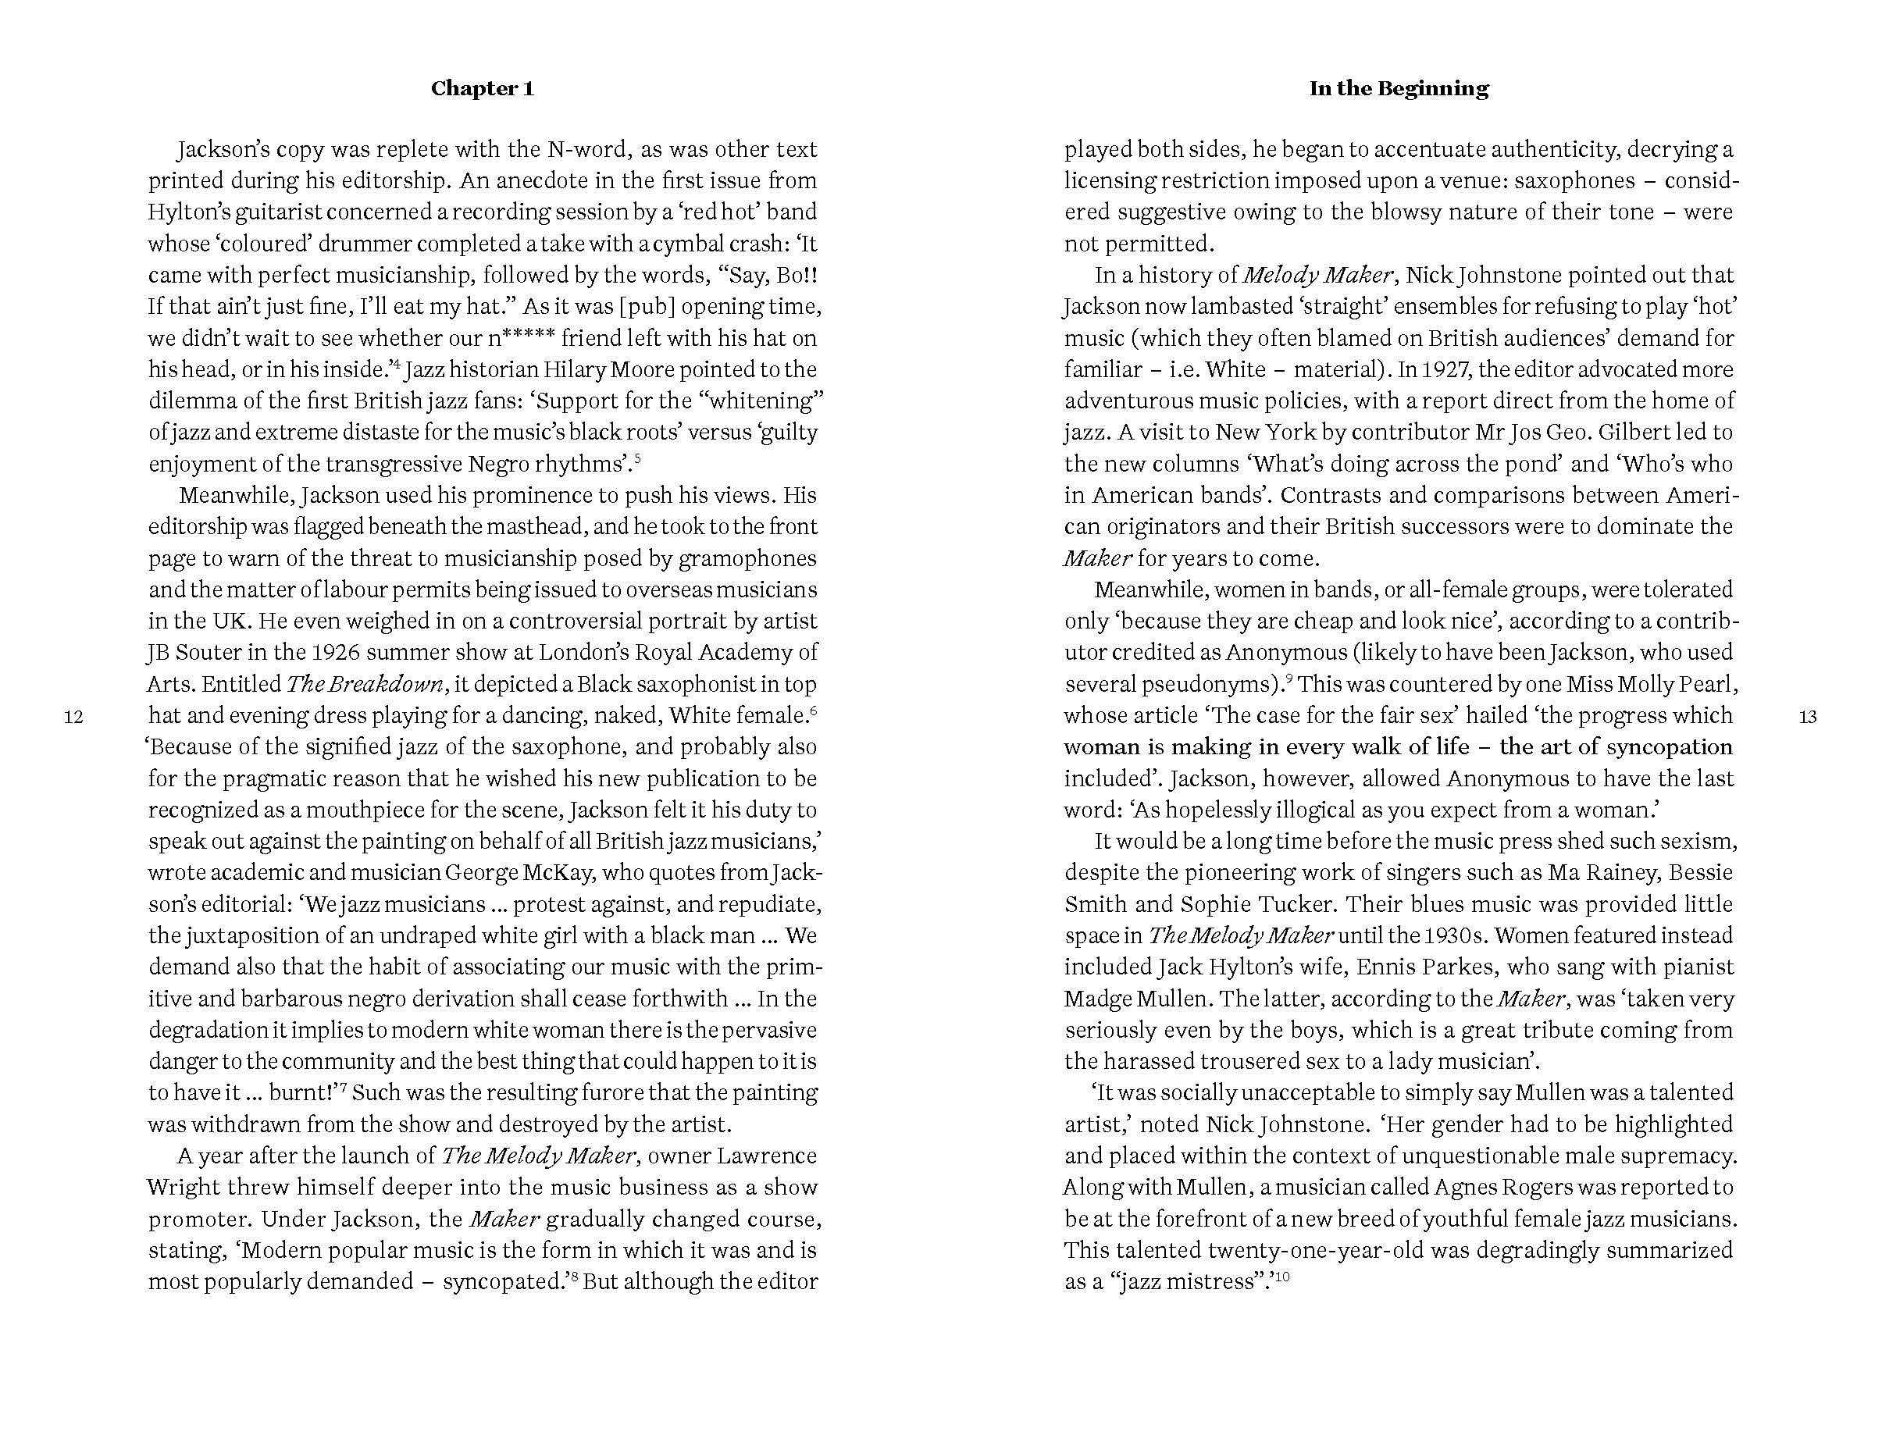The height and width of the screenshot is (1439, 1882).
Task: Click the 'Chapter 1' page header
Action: point(483,88)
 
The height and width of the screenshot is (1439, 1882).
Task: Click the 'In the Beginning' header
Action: point(1398,88)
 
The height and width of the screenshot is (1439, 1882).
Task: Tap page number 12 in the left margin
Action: point(73,717)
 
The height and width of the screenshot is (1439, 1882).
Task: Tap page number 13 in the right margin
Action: point(1808,717)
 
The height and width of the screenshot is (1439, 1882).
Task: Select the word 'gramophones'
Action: point(747,558)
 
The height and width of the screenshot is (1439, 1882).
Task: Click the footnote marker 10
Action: point(1282,1277)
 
